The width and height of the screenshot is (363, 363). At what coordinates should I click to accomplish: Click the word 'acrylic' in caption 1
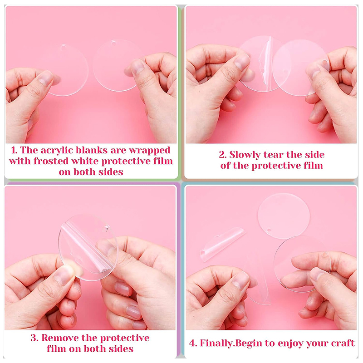[x=57, y=151]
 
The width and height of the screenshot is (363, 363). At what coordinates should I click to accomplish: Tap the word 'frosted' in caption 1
[x=51, y=161]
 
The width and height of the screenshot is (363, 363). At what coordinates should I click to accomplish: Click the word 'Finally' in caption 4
[x=216, y=343]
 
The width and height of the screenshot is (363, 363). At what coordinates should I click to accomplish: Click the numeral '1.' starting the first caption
[x=15, y=151]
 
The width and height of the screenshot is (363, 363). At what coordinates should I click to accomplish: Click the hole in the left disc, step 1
[x=63, y=48]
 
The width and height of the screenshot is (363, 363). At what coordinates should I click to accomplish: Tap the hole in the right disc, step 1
[x=113, y=43]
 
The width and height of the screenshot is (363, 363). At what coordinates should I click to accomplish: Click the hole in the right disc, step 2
[x=324, y=63]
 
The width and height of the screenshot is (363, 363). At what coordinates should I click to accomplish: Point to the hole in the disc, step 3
[x=107, y=229]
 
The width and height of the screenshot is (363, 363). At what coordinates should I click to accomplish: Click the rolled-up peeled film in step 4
[x=222, y=244]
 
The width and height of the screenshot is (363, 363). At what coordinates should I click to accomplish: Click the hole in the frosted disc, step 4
[x=269, y=231]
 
